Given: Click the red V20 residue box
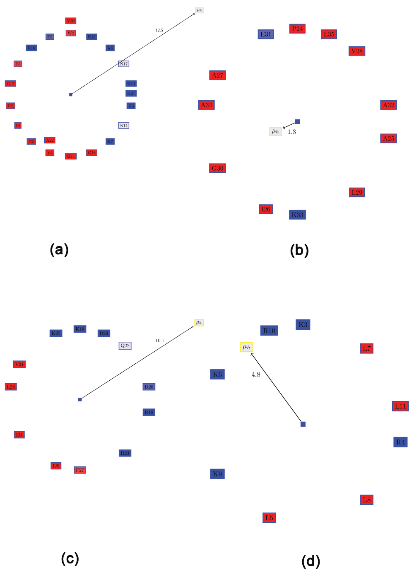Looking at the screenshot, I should pyautogui.click(x=71, y=21).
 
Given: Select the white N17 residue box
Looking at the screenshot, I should pyautogui.click(x=123, y=64).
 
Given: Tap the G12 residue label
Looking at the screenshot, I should pyautogui.click(x=10, y=84).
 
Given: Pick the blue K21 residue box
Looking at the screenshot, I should pyautogui.click(x=131, y=94).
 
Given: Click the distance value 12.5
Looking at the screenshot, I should pyautogui.click(x=159, y=30).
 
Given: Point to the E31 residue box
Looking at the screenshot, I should pyautogui.click(x=266, y=34).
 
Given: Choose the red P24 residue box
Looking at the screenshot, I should pyautogui.click(x=297, y=29).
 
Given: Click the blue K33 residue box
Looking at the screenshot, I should pyautogui.click(x=297, y=215).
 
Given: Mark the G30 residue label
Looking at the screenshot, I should pyautogui.click(x=217, y=168).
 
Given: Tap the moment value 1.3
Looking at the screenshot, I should pyautogui.click(x=292, y=132).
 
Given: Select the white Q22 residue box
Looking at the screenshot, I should pyautogui.click(x=125, y=345).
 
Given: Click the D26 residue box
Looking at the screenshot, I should pyautogui.click(x=149, y=387).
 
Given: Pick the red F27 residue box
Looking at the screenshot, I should pyautogui.click(x=80, y=470).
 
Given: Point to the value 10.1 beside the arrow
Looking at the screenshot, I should pyautogui.click(x=160, y=341).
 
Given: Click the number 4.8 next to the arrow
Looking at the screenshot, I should pyautogui.click(x=256, y=374).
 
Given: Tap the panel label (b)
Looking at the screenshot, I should pyautogui.click(x=299, y=250).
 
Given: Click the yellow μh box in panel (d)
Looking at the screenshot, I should pyautogui.click(x=246, y=347).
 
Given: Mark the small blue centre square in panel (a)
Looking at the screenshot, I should pyautogui.click(x=71, y=95).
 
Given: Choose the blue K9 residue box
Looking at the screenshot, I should pyautogui.click(x=217, y=474).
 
